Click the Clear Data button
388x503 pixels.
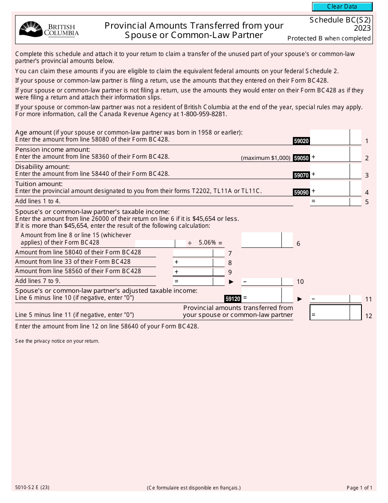342,7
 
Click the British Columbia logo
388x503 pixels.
49,29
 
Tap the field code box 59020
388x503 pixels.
301,141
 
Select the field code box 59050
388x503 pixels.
301,158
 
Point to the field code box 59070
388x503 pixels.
301,175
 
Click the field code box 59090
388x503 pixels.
301,192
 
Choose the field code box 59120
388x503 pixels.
233,299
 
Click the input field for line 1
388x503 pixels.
330,137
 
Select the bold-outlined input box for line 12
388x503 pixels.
330,312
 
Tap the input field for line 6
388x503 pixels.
261,240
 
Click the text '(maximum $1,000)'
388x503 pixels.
265,158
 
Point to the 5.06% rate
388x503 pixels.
207,243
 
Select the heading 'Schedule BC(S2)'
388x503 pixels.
340,20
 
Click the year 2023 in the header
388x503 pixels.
362,28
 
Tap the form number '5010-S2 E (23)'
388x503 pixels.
32,487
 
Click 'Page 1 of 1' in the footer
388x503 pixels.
359,487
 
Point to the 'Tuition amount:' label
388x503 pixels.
39,184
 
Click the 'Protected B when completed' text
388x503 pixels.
329,38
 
